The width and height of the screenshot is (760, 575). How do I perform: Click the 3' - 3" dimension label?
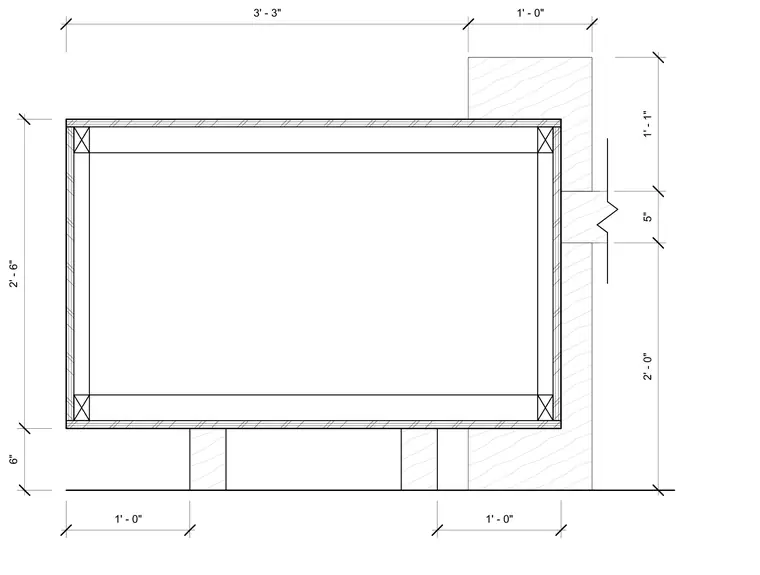[267, 13]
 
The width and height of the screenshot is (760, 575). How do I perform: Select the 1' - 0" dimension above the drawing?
[530, 13]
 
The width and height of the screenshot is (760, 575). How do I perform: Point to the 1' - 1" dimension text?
[648, 124]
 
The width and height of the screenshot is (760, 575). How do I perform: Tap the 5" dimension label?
[648, 217]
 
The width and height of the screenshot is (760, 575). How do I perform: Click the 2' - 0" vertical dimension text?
[648, 366]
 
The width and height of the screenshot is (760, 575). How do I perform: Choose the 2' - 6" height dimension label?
[14, 274]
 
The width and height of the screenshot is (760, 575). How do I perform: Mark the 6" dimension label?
[14, 459]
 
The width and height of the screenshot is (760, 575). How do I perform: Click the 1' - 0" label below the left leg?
[128, 519]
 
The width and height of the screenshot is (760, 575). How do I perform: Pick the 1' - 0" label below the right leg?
[500, 519]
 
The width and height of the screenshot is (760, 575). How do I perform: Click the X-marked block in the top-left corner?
[81, 140]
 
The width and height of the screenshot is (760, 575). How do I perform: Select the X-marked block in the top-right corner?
[545, 140]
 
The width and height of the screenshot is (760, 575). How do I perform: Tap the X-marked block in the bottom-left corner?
[81, 408]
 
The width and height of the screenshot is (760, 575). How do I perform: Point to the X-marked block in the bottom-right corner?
[545, 408]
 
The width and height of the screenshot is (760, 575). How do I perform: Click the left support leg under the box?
[207, 459]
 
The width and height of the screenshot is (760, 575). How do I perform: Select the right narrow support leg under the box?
[419, 459]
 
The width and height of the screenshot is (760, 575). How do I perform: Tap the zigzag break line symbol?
[607, 210]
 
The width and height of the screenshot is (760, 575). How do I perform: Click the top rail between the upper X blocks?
[314, 140]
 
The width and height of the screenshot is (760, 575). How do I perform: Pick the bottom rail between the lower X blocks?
[314, 408]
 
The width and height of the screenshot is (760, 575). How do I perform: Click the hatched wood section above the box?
[530, 88]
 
